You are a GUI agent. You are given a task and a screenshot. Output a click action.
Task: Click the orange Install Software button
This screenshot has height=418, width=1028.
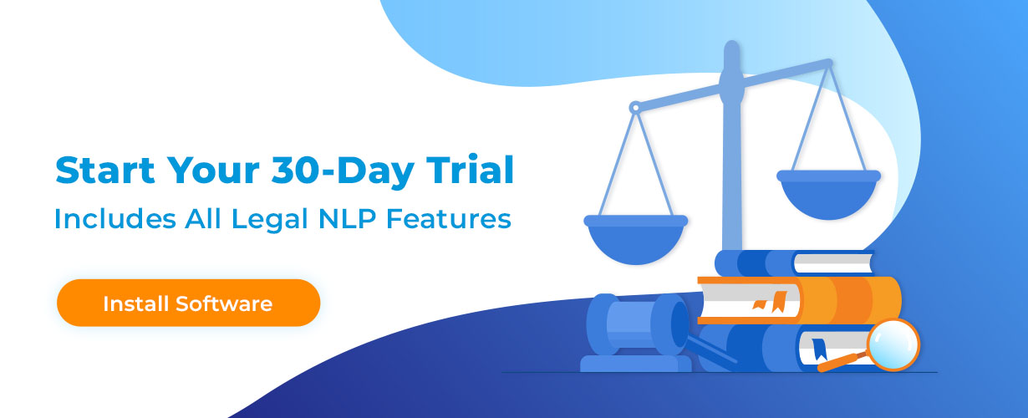click(188, 303)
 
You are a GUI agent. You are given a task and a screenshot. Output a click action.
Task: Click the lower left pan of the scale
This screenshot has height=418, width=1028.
click(635, 238)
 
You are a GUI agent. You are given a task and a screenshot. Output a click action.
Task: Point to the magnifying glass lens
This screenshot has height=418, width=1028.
click(893, 344)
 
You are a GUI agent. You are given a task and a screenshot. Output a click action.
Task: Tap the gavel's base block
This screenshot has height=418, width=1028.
click(636, 363)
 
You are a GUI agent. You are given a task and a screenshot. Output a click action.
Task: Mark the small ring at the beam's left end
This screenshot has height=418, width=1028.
click(634, 107)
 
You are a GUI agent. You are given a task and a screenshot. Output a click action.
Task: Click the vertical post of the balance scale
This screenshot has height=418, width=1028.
click(732, 167)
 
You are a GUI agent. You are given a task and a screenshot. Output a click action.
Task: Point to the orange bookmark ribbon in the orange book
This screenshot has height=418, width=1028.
click(781, 300)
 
